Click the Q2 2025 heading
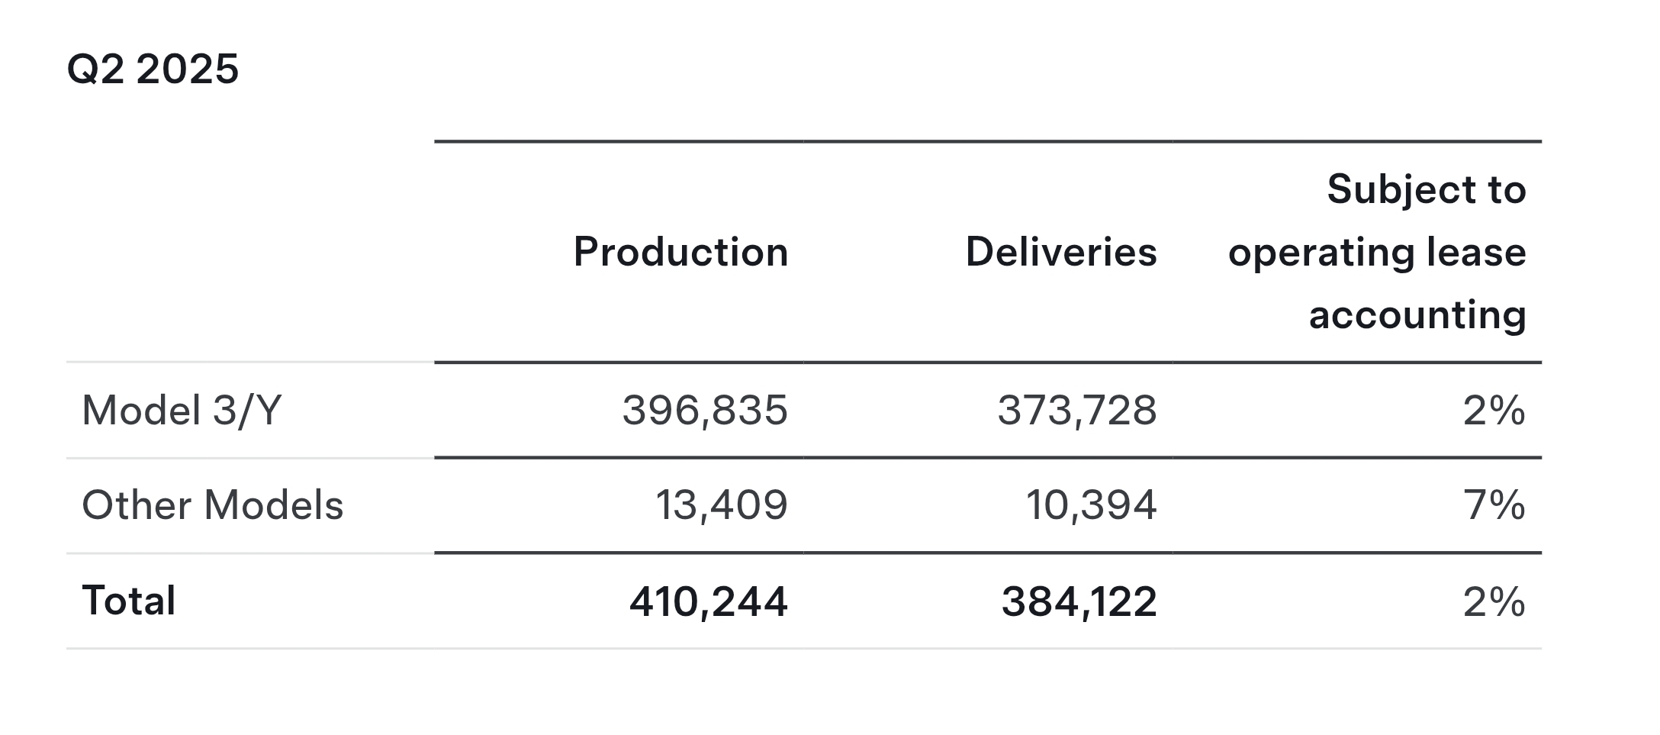(x=153, y=69)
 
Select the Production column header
(x=680, y=252)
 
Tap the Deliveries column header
(x=1060, y=252)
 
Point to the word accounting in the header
(x=1417, y=314)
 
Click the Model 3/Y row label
(x=182, y=411)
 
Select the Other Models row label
(x=212, y=505)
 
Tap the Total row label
(x=129, y=601)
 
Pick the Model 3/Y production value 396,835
(x=705, y=411)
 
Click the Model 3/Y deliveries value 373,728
(x=1077, y=411)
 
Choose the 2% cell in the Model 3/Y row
(x=1494, y=411)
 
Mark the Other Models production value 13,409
(x=722, y=505)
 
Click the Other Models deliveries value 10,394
(x=1091, y=505)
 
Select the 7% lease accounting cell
(x=1494, y=505)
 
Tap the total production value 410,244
(x=708, y=601)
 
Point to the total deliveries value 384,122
(x=1079, y=601)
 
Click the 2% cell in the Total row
(x=1494, y=601)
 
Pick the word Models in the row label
(x=274, y=505)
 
